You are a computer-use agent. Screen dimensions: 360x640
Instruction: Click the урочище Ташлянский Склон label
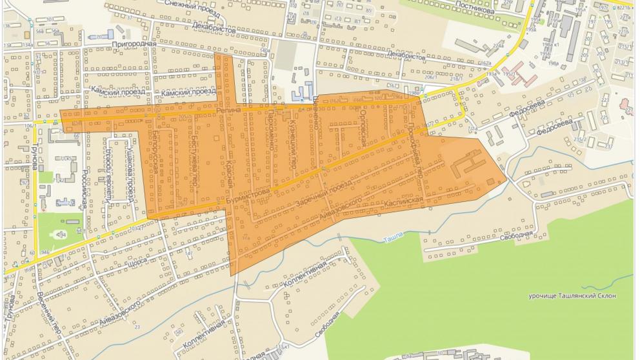(x=572, y=295)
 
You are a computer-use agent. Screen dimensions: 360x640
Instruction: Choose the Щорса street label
(x=137, y=263)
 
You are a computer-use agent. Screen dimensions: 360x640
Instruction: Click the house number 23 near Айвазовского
(x=137, y=327)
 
